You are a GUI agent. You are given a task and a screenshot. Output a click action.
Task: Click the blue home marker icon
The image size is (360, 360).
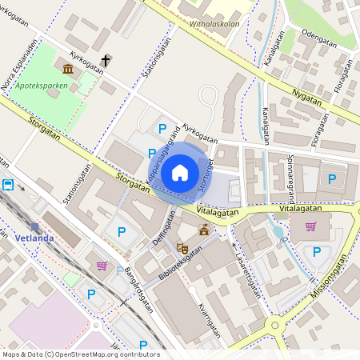click(x=180, y=172)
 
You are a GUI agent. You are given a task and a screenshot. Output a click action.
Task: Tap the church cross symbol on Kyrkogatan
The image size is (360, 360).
click(x=106, y=60)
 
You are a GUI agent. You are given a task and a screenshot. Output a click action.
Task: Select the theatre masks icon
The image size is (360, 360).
click(x=182, y=249)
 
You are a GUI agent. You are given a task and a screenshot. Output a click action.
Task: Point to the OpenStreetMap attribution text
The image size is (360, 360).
click(x=80, y=354)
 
